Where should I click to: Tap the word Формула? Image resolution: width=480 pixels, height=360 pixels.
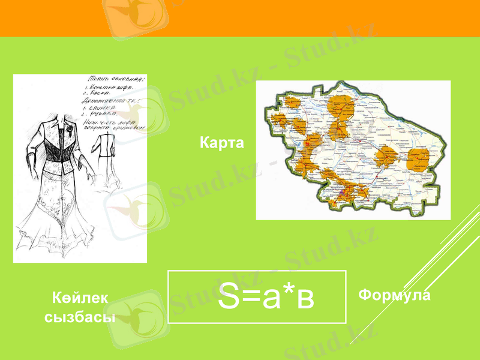pos(394,295)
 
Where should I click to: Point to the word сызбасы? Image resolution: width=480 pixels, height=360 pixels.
pos(80,317)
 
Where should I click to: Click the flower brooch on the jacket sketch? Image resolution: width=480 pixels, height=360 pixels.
pos(70,128)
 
